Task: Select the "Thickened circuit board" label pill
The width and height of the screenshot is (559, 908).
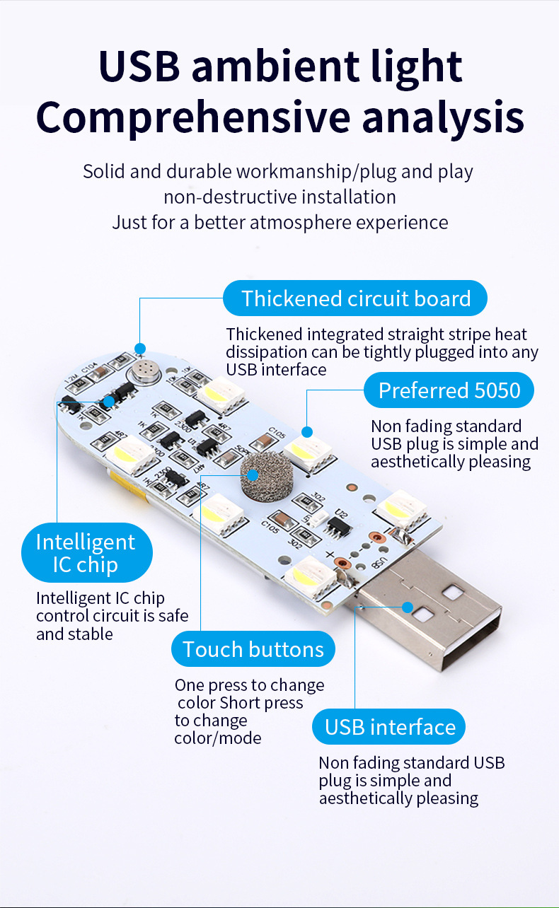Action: (x=355, y=298)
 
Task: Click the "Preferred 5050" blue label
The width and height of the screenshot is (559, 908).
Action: (x=449, y=390)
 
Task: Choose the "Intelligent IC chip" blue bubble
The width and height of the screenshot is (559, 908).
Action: (x=86, y=553)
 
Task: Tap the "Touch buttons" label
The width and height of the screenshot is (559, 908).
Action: (x=253, y=649)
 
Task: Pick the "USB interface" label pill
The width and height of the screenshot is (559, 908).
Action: (x=390, y=727)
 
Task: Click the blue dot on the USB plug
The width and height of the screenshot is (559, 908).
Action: (x=408, y=607)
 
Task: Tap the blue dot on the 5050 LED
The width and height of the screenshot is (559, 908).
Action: (x=307, y=431)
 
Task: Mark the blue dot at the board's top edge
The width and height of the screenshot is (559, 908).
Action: (x=140, y=348)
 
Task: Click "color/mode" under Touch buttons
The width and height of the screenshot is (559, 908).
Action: (x=218, y=738)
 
